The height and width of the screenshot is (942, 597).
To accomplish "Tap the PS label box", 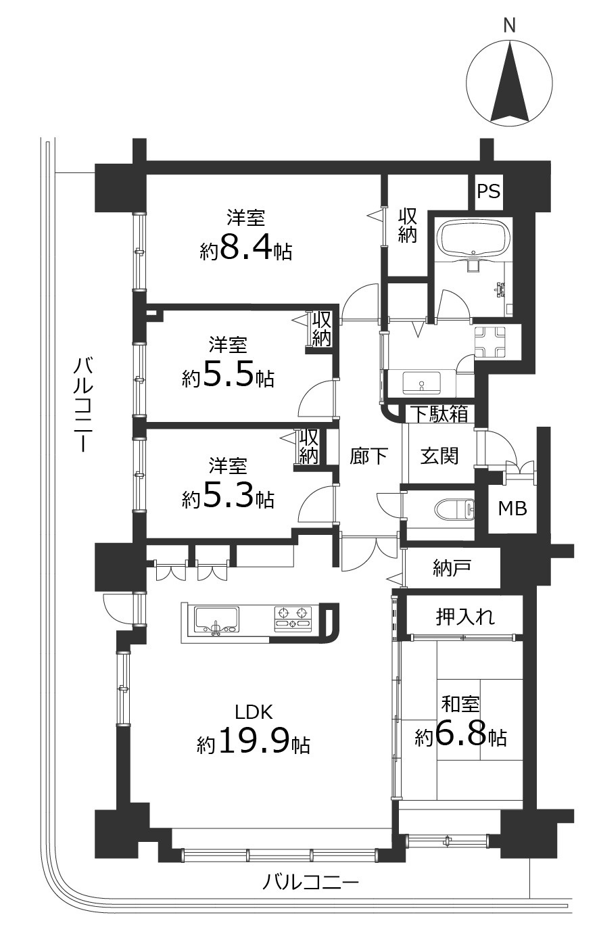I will click(x=488, y=191).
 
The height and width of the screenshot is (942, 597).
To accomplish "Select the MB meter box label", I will click(x=512, y=509).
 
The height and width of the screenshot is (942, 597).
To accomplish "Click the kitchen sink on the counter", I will click(x=216, y=620).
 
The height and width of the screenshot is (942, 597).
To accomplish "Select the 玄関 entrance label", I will click(x=439, y=456).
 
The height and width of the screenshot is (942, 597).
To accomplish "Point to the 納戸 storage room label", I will click(x=452, y=569).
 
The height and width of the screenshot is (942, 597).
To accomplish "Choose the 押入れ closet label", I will click(x=465, y=616).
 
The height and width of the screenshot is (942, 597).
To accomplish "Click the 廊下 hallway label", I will click(x=369, y=456).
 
